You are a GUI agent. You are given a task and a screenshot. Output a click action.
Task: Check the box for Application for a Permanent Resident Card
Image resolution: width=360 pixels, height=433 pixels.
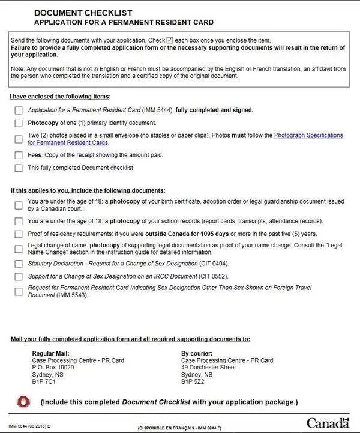[18, 110]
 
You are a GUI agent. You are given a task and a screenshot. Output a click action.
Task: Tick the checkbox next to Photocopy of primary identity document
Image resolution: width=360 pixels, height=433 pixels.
[18, 123]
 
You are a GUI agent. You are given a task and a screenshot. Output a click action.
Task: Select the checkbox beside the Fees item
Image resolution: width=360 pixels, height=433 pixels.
[18, 155]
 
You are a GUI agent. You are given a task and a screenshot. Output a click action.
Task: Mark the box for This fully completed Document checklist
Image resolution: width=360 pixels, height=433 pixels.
[18, 168]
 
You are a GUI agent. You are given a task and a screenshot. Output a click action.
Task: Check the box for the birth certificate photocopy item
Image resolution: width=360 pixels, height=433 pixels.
[18, 205]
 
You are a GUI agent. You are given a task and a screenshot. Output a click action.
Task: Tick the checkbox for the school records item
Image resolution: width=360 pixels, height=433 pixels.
[18, 221]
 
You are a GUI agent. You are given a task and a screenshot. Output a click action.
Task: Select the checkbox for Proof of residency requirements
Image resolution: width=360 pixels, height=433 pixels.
[18, 234]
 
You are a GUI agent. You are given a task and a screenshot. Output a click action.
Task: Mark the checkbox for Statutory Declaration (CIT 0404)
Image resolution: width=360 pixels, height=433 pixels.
[18, 264]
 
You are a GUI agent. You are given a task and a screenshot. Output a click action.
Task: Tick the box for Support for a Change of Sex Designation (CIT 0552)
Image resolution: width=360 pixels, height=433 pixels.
[18, 277]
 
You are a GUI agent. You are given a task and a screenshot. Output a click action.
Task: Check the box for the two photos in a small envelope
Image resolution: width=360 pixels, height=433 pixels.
[18, 139]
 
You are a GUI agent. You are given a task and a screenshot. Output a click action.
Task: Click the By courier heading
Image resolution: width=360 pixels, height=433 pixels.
[197, 353]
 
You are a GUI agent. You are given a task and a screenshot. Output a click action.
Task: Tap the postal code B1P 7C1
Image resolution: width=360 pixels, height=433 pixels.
[43, 380]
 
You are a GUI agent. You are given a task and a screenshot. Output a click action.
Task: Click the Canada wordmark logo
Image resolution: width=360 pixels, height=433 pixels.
[328, 423]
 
